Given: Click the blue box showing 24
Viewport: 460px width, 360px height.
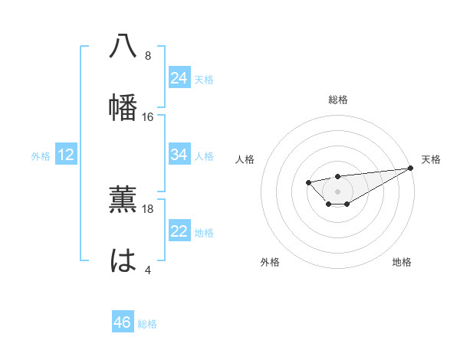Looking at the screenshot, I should [x=179, y=77].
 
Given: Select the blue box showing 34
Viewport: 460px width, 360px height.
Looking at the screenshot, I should [x=179, y=154].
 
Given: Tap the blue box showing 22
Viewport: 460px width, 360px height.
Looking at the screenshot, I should [x=179, y=231].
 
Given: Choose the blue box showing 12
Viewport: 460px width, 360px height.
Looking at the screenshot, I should [x=66, y=155].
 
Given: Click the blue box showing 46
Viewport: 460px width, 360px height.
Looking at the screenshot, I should [x=122, y=322].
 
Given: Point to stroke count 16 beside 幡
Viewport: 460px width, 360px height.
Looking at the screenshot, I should [x=148, y=117].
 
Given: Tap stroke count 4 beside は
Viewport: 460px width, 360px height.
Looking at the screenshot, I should [x=148, y=270].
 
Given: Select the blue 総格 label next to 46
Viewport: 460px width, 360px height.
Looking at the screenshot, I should [x=148, y=324].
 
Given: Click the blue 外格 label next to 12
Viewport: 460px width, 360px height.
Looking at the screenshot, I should [x=41, y=156].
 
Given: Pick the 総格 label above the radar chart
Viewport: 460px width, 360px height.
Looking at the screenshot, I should [x=338, y=100].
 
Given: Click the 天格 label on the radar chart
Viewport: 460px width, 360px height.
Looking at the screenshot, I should [x=431, y=159].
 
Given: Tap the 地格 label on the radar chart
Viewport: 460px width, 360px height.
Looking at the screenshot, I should [x=402, y=262].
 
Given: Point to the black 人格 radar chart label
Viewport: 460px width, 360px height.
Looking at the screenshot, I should [x=245, y=159].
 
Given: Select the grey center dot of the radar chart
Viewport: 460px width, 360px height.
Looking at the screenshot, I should [x=337, y=191].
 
